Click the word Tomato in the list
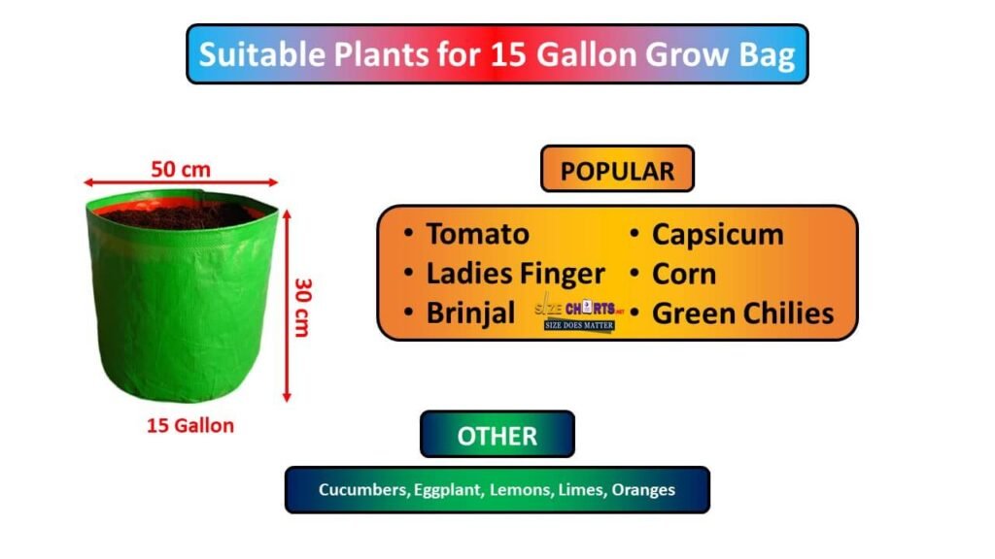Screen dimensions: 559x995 click(477, 234)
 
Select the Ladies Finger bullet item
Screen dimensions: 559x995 click(515, 274)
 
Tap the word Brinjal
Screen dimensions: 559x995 click(471, 313)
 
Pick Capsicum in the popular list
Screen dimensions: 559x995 click(717, 234)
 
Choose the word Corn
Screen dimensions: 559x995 click(684, 274)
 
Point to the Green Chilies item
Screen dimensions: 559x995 click(742, 313)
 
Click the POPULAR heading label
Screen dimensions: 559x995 click(617, 171)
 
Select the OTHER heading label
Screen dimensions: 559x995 click(497, 435)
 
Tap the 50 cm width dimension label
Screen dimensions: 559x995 click(181, 169)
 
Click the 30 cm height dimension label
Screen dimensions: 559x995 click(301, 308)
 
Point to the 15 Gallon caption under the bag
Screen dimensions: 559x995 click(190, 425)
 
